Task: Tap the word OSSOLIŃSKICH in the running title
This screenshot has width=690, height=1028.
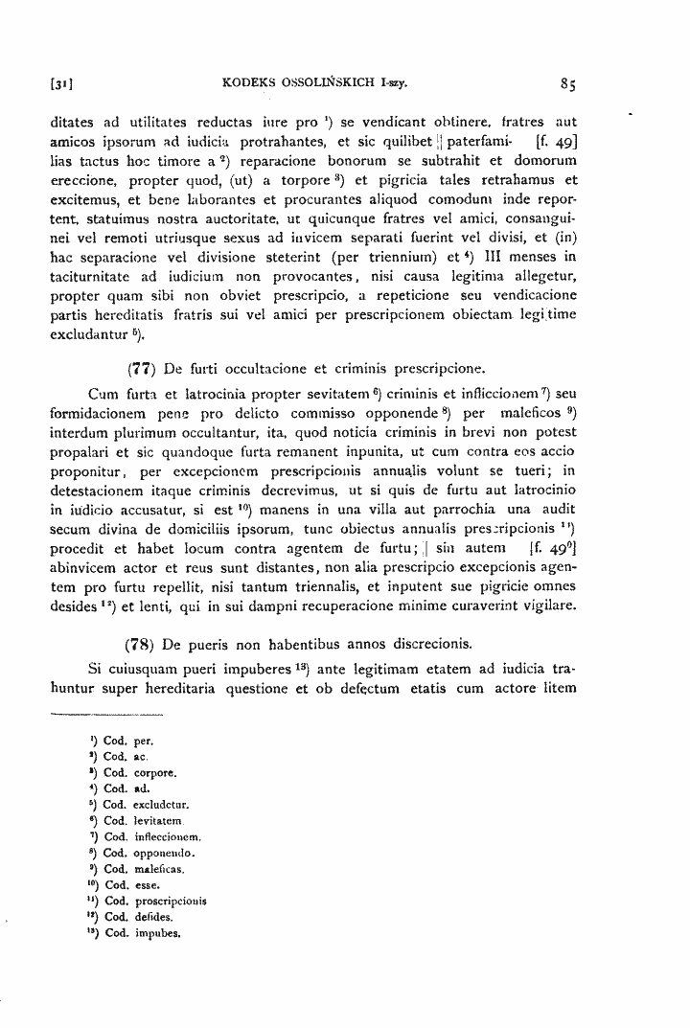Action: tap(318, 83)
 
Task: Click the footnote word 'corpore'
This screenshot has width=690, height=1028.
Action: tap(151, 772)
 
